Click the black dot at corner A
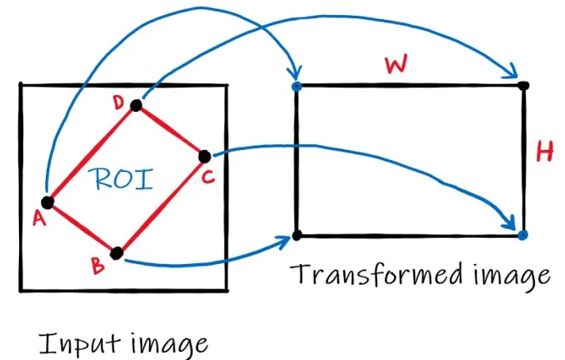click(47, 202)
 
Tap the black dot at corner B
click(116, 254)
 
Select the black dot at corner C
click(204, 155)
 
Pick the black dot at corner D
click(136, 105)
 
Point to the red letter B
click(98, 266)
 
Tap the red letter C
click(208, 178)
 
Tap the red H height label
click(544, 152)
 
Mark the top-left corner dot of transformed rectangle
click(296, 85)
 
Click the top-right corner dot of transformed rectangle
click(523, 85)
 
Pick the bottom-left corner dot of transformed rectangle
click(296, 236)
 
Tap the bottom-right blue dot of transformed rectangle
click(522, 236)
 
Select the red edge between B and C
click(161, 205)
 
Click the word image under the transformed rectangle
click(510, 275)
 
